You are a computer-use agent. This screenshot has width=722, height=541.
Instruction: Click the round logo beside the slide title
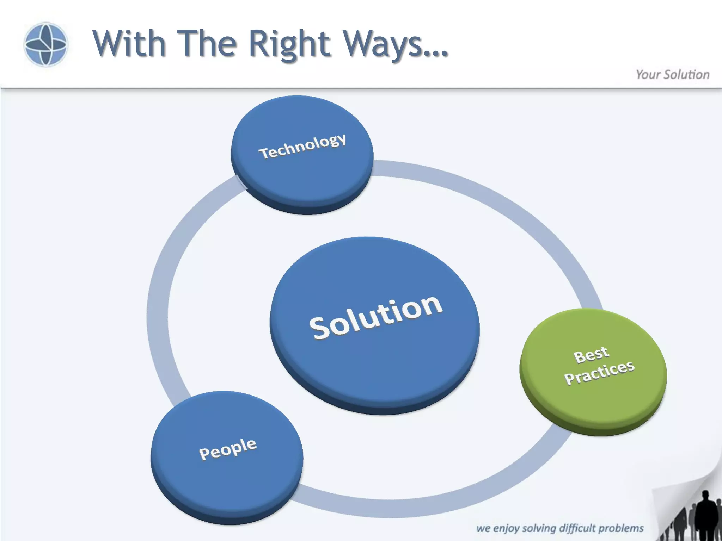[45, 44]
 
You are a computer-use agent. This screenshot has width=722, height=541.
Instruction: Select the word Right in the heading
[289, 44]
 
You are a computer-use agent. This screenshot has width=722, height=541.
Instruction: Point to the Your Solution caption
[672, 75]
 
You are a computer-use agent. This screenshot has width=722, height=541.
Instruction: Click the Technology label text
[302, 146]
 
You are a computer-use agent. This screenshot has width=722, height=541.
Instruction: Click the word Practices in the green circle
[599, 372]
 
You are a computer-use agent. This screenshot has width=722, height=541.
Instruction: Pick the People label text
[228, 449]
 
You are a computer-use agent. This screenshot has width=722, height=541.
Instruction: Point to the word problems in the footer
[621, 528]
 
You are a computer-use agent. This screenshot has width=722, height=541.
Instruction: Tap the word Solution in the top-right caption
[686, 75]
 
